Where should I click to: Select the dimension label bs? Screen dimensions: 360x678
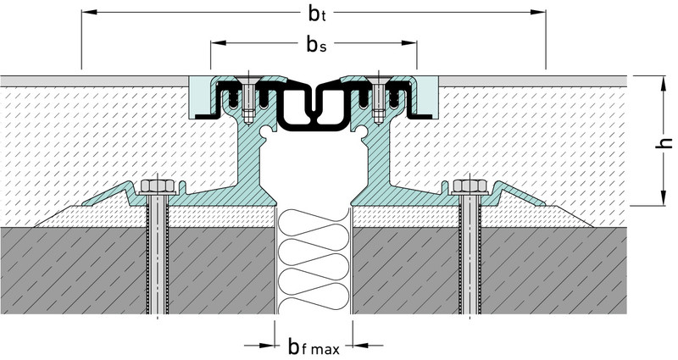pyautogui.click(x=314, y=44)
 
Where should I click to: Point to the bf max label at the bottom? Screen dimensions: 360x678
pyautogui.click(x=314, y=346)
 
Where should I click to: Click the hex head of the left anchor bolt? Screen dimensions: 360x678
pyautogui.click(x=156, y=186)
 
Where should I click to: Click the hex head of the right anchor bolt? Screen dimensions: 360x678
pyautogui.click(x=468, y=186)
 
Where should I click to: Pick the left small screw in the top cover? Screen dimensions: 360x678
pyautogui.click(x=246, y=100)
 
